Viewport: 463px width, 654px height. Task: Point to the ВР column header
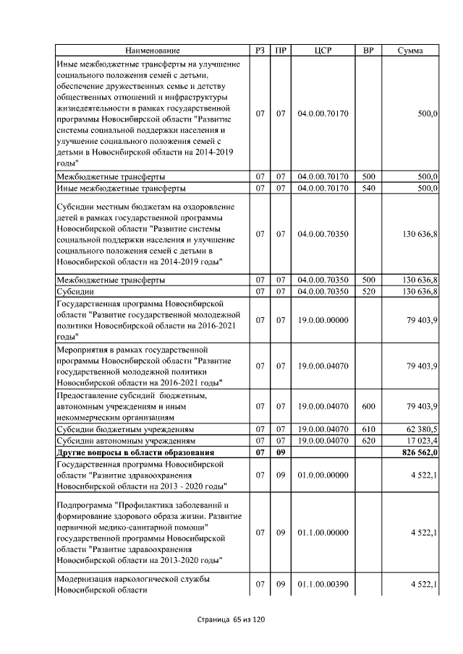(368, 51)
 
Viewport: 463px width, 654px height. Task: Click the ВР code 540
(368, 189)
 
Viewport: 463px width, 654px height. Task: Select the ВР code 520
(368, 291)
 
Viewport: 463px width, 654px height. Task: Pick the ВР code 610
(368, 429)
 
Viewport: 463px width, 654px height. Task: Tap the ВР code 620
(368, 440)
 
